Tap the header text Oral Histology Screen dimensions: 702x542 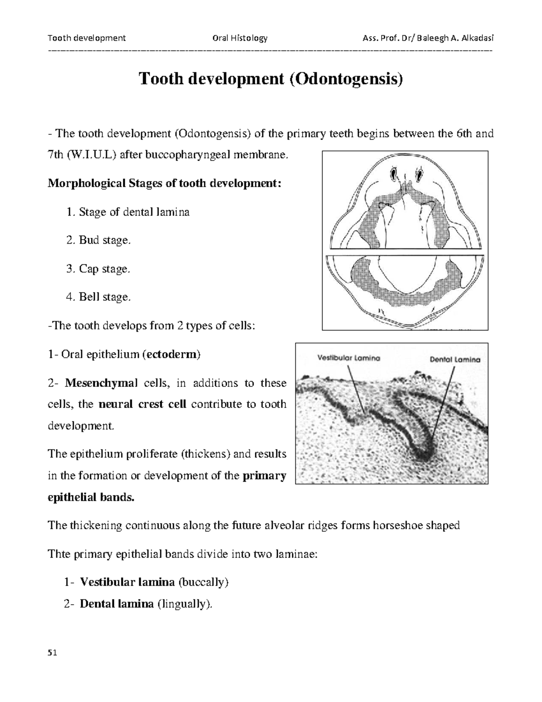(239, 38)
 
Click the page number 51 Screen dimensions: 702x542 (52, 653)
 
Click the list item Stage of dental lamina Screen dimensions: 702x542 (134, 212)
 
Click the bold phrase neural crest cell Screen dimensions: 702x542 (142, 404)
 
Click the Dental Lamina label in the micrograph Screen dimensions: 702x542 (454, 360)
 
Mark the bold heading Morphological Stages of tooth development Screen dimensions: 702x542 (164, 184)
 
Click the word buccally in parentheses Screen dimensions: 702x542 (203, 582)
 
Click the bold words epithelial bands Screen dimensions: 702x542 (91, 498)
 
